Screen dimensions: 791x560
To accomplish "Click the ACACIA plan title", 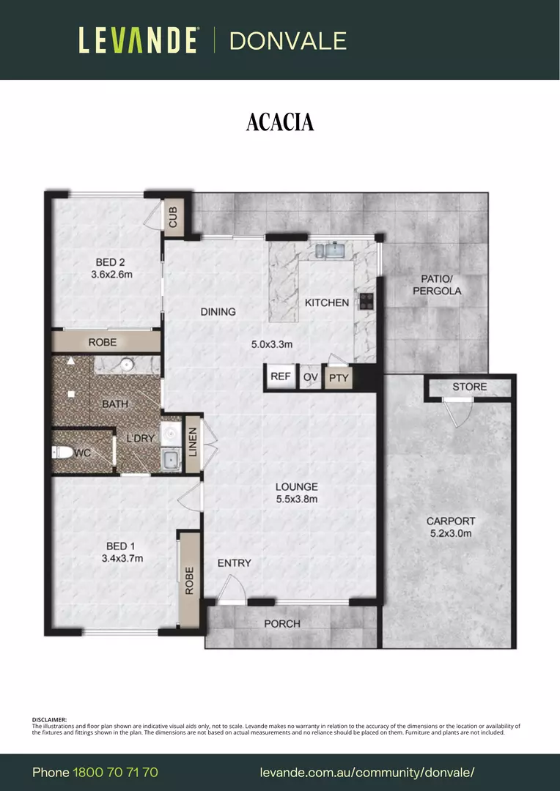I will (x=280, y=122).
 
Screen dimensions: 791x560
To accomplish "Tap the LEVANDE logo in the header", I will (x=139, y=40).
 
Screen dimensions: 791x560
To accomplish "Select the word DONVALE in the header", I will (x=288, y=40).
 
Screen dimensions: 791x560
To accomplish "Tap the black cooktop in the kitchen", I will (x=365, y=300).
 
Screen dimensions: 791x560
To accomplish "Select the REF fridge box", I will (x=281, y=376).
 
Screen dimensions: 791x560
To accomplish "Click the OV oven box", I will (x=311, y=377).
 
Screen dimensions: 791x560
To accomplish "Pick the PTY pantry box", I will (x=339, y=378).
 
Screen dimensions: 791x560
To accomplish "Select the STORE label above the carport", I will (x=469, y=387).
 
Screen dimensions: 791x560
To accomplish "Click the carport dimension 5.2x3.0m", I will (x=451, y=533).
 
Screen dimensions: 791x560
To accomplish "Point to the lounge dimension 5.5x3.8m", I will (x=296, y=500).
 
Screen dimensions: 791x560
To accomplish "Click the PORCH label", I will (x=282, y=623).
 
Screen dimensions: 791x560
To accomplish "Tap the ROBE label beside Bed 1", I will (x=189, y=581).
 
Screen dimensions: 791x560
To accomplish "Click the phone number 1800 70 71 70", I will (x=115, y=773).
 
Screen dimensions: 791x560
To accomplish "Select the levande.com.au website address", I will (x=367, y=773).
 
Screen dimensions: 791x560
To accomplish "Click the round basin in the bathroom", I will (x=126, y=363).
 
